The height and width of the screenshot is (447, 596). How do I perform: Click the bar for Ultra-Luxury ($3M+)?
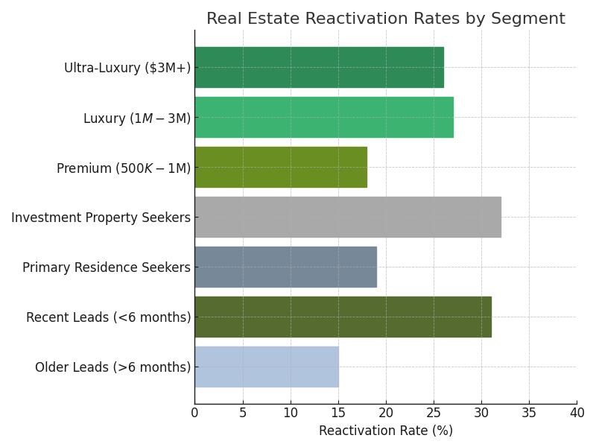point(319,67)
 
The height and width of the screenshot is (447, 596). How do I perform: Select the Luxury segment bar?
point(324,117)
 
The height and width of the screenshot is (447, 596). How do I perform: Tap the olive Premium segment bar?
point(281,167)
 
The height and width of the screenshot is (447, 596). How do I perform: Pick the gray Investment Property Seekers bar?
point(348,217)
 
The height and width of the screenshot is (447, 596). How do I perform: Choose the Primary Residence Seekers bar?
point(285,267)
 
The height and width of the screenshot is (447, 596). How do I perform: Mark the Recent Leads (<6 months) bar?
point(343,317)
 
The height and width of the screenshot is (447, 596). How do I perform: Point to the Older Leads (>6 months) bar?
point(267,367)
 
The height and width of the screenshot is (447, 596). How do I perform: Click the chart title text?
point(385,19)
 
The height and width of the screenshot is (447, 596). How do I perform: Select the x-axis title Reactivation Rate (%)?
point(385,431)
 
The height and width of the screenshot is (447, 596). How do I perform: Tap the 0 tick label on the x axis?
point(195,412)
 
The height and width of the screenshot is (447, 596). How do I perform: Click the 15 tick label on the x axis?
point(338,412)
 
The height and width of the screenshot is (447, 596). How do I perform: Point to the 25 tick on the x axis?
point(434,412)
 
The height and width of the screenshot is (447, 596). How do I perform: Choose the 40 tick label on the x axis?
point(576,412)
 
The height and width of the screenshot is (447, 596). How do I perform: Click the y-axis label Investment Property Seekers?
point(101,218)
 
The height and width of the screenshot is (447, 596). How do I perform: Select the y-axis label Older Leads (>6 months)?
point(112,367)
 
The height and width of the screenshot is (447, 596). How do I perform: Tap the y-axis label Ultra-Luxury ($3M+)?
point(127,68)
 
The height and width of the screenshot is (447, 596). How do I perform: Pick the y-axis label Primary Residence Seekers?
point(107,267)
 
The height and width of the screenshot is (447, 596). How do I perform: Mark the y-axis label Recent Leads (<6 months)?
point(108,317)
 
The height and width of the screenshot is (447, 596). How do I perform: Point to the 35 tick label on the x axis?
point(529,412)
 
